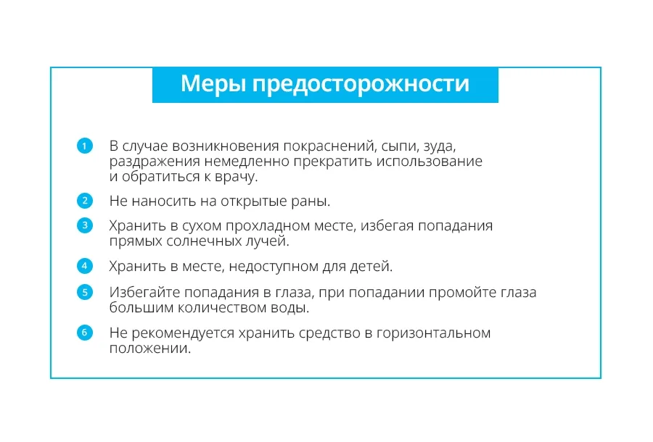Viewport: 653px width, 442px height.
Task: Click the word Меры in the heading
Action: [x=213, y=83]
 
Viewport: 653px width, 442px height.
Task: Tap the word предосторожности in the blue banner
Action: [x=361, y=84]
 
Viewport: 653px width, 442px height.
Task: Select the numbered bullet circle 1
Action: [x=85, y=146]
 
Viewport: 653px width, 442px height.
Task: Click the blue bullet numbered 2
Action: [x=85, y=201]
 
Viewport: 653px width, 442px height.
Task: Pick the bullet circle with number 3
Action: [x=85, y=225]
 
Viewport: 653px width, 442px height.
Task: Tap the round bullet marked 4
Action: [x=85, y=266]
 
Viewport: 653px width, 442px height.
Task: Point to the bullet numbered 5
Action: [x=85, y=292]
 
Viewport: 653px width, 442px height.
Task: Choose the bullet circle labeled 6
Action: [x=85, y=333]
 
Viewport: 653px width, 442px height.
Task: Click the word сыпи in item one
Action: [x=401, y=146]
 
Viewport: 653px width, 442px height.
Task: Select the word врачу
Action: [x=236, y=177]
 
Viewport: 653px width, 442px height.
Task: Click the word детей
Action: [x=371, y=266]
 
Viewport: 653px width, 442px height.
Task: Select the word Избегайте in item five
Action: [x=145, y=292]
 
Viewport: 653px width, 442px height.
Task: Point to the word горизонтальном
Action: [x=434, y=333]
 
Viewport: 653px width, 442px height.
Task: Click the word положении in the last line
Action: [x=150, y=349]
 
